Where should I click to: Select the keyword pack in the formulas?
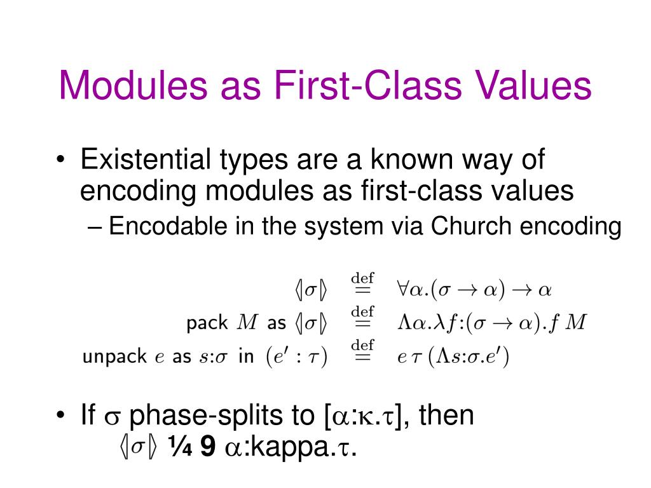point(207,323)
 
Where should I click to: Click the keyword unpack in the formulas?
point(114,357)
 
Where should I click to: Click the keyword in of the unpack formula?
point(245,357)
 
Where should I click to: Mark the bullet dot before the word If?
point(60,417)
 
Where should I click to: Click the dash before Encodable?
point(95,227)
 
